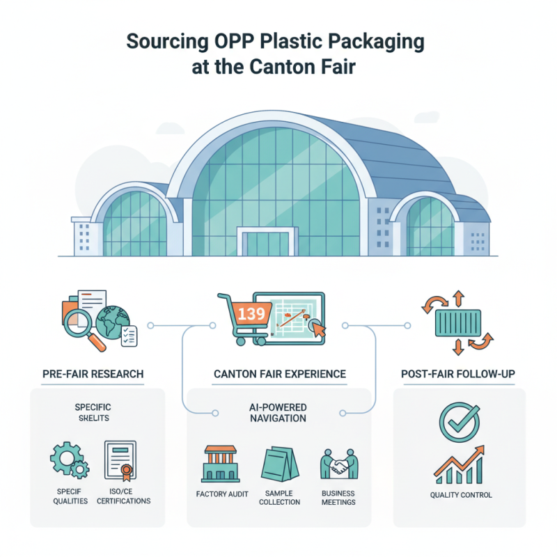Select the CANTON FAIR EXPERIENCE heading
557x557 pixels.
[x=279, y=374]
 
